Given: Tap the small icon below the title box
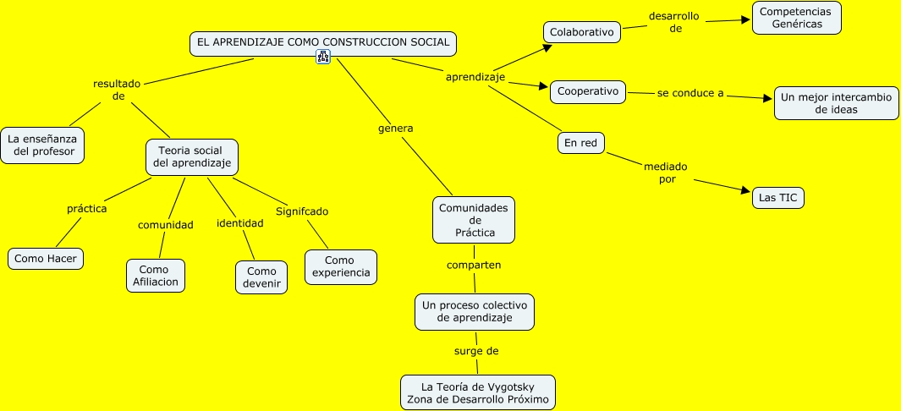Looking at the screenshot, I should (323, 58).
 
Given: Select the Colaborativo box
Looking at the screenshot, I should (580, 32).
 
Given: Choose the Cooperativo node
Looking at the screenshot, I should (588, 91).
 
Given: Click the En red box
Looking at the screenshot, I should (581, 143).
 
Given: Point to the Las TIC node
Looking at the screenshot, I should (778, 198).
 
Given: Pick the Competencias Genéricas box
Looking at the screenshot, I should (796, 18).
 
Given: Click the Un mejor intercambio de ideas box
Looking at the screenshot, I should (836, 103).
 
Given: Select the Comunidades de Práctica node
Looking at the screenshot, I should (474, 220).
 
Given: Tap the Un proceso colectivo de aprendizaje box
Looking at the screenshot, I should (475, 311).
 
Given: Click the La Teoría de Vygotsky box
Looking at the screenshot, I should (477, 392).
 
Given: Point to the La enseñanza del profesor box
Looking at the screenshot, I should (43, 145).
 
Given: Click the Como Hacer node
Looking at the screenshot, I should (46, 258).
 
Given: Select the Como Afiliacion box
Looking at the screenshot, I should (155, 276).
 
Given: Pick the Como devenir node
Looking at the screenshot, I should (261, 277).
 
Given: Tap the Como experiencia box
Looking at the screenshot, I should (340, 266).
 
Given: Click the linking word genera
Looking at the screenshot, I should (395, 129).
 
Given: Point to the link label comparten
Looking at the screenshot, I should (474, 265).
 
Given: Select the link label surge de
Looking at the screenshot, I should (476, 350).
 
